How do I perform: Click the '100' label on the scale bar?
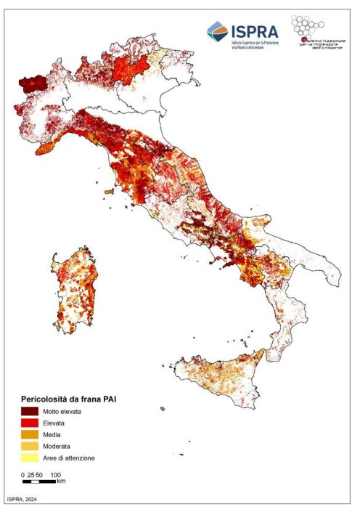coord(54,474)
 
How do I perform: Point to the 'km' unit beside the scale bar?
coord(62,481)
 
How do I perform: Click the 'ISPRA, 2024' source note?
coord(22,500)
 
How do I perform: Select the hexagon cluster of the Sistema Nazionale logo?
coord(308,27)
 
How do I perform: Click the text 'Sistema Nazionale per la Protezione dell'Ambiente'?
coord(321,45)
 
